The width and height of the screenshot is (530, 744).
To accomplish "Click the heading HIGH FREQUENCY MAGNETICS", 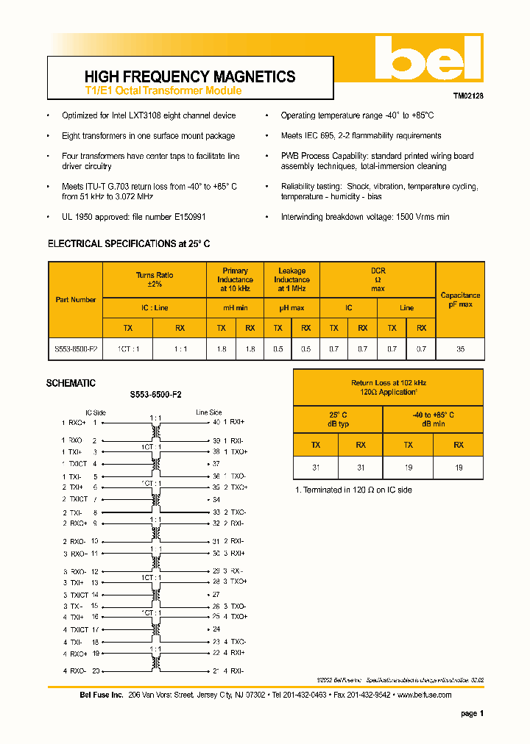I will (x=190, y=76).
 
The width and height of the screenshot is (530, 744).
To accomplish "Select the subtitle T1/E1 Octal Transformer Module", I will (x=163, y=91).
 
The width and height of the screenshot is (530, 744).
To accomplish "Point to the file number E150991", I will (x=188, y=218).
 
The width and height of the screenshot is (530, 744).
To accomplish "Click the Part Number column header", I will (x=76, y=300).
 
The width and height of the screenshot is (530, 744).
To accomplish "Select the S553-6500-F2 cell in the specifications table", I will (x=76, y=349).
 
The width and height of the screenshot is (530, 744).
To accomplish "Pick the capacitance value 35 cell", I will (x=460, y=349).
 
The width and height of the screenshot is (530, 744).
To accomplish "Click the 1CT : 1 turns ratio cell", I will (x=127, y=349).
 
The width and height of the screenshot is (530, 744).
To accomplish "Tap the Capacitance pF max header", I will (x=460, y=299).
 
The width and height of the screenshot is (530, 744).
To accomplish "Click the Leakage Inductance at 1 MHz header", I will (x=291, y=279).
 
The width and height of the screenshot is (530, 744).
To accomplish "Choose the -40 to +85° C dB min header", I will (x=433, y=420).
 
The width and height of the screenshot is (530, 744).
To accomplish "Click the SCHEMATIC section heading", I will (x=71, y=384).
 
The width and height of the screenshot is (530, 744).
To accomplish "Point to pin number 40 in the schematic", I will (x=216, y=423).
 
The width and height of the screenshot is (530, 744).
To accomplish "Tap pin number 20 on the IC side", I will (x=95, y=670).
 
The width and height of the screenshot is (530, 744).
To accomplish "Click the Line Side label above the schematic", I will (x=208, y=412).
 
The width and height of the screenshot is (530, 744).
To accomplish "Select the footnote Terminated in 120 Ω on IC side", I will (x=353, y=490).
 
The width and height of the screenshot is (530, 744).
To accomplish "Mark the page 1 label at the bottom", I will (x=472, y=714).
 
